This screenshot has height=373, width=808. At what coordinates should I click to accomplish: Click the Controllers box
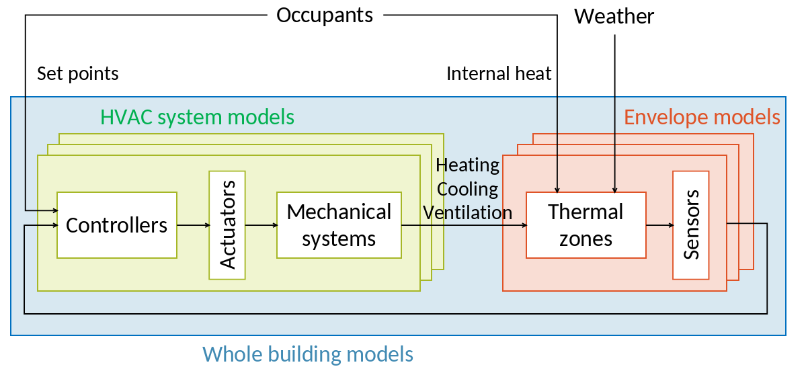tap(117, 225)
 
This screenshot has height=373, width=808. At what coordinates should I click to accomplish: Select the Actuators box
tap(227, 225)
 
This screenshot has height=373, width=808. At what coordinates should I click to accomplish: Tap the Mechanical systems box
tap(339, 225)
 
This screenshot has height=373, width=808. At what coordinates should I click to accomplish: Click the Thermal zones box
tap(585, 225)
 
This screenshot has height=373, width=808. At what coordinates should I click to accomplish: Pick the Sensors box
tap(690, 225)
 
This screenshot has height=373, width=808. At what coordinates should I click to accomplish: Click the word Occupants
tap(325, 15)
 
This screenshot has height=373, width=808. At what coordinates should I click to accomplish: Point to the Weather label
tap(614, 16)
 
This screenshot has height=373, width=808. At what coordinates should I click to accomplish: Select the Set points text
tap(78, 73)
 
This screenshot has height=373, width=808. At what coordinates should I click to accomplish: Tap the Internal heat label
tap(499, 73)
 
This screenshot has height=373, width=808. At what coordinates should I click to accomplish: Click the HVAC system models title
tap(197, 117)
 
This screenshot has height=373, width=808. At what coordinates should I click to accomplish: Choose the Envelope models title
tap(702, 117)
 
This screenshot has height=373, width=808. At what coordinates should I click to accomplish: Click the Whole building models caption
tap(308, 354)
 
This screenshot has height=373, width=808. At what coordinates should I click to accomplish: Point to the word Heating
tap(468, 165)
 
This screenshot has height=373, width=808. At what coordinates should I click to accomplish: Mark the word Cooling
tap(468, 189)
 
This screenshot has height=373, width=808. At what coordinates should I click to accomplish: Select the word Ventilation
tap(468, 212)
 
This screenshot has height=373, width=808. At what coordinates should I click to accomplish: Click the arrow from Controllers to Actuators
tap(193, 225)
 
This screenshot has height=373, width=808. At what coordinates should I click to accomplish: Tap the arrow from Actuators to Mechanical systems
tap(261, 225)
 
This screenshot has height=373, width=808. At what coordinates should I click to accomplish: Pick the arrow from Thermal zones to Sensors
tap(659, 225)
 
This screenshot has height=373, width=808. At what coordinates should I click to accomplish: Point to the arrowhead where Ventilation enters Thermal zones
tap(523, 225)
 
